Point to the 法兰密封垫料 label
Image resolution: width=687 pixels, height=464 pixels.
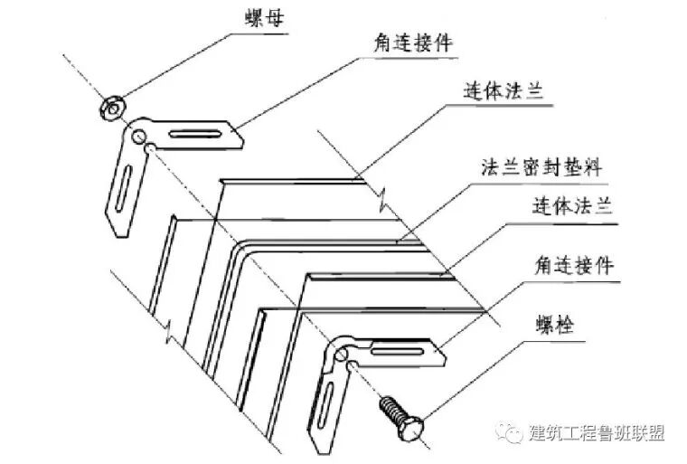(541, 166)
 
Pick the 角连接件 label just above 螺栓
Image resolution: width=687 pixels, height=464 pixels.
(573, 266)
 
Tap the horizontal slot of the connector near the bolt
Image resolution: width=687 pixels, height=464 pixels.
(398, 347)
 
